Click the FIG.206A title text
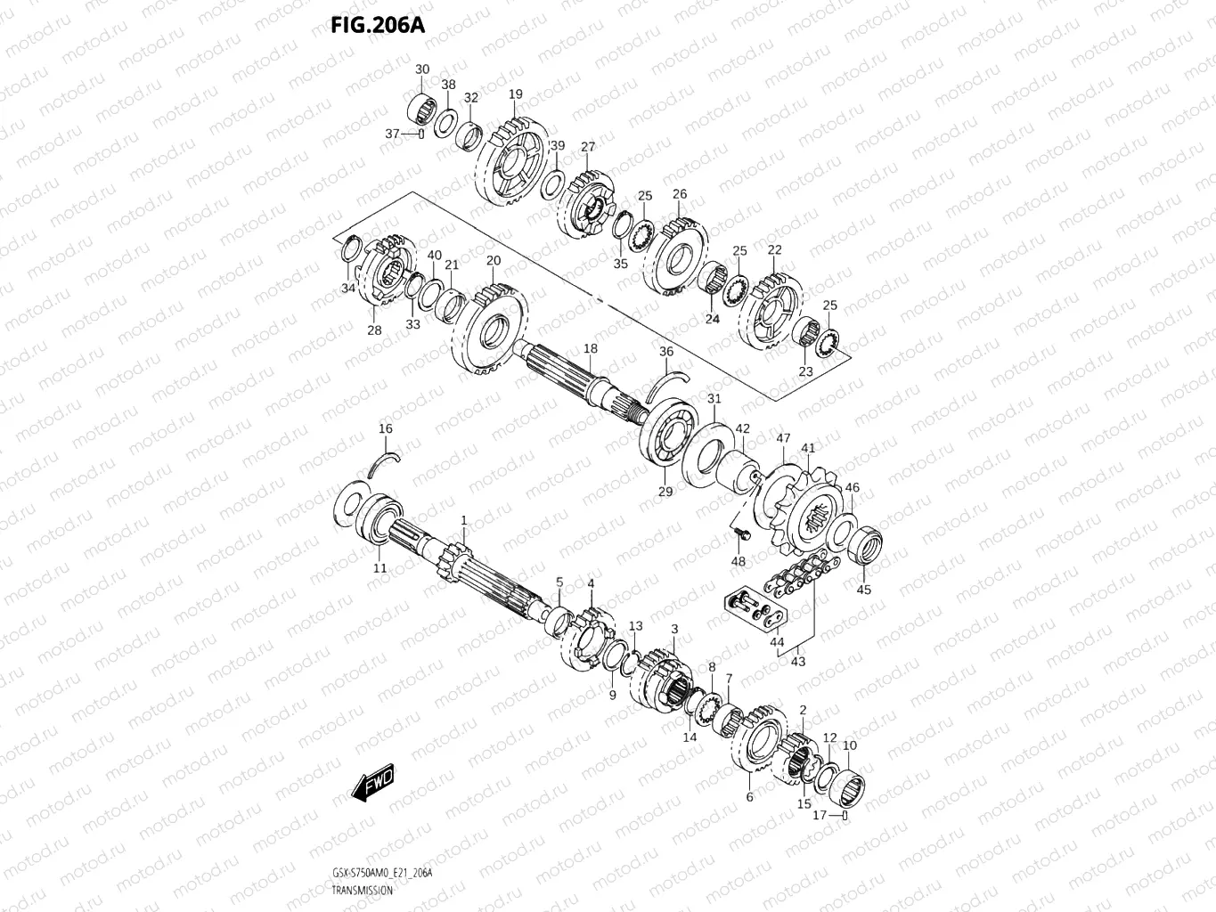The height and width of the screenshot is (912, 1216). click(378, 24)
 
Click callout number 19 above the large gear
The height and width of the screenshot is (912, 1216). click(516, 94)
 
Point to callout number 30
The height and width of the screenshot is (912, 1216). click(422, 69)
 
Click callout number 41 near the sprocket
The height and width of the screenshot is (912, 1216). click(808, 448)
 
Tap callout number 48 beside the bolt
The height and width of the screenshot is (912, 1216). click(739, 561)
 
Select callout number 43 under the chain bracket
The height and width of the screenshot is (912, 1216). click(797, 662)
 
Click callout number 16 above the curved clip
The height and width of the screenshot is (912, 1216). click(385, 428)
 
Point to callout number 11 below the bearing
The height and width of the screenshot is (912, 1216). click(380, 568)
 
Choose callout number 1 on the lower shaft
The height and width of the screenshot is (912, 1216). click(463, 519)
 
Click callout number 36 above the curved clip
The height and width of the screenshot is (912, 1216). click(666, 352)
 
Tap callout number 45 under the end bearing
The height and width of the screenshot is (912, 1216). click(864, 589)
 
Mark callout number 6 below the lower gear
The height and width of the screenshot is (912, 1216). click(749, 796)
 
